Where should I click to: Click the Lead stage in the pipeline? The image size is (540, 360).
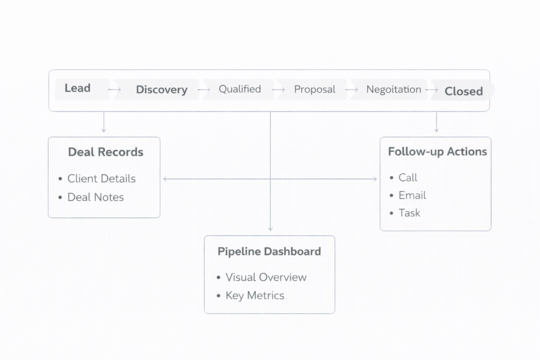[x=78, y=89]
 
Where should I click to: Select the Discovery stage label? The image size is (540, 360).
[x=161, y=90]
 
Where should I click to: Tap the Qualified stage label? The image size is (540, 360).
[x=240, y=89]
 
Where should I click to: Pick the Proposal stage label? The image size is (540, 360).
[x=315, y=90]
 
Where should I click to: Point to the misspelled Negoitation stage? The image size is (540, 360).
[x=394, y=90]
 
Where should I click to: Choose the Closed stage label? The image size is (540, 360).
[x=464, y=91]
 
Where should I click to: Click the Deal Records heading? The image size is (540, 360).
[x=105, y=152]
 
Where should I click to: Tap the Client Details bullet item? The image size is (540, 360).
[x=101, y=179]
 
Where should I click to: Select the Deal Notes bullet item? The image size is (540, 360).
[x=95, y=197]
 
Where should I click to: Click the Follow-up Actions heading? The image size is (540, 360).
[x=437, y=152]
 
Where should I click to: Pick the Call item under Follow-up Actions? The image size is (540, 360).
[x=408, y=178]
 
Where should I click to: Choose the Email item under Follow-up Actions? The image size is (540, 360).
[x=412, y=196]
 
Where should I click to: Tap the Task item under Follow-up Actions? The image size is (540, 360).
[x=409, y=213]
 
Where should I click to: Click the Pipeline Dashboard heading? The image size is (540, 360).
[x=269, y=251]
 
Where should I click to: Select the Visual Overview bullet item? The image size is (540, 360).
[x=266, y=277]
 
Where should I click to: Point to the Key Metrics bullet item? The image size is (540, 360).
[x=255, y=296]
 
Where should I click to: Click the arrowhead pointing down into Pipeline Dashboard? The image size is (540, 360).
[x=271, y=229]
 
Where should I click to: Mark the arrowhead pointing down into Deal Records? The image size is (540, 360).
[x=104, y=130]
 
